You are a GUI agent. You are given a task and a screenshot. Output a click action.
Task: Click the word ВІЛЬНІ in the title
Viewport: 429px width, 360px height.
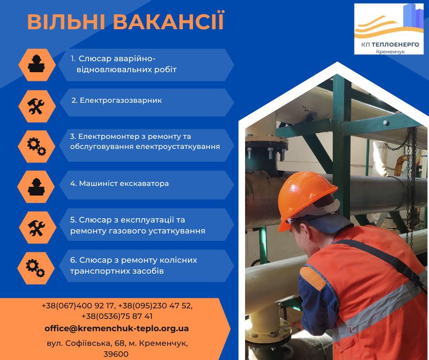click(x=66, y=21)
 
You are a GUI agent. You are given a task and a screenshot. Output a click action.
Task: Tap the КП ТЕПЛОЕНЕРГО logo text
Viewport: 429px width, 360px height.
click(x=390, y=44)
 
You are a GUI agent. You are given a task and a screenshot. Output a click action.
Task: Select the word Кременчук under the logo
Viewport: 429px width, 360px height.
click(x=390, y=52)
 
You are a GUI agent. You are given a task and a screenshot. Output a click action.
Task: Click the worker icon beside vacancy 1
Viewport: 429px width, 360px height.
click(x=37, y=64)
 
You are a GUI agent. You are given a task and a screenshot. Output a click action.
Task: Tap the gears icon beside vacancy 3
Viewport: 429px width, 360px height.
click(x=37, y=147)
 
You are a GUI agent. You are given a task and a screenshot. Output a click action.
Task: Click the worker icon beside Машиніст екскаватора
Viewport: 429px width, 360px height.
click(x=37, y=187)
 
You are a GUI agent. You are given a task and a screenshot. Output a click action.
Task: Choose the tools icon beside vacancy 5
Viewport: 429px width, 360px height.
click(x=37, y=228)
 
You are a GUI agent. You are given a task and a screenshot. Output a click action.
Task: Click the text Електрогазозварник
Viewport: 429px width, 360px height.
click(x=120, y=101)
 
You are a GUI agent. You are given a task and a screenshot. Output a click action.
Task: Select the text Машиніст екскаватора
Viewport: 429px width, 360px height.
click(x=124, y=183)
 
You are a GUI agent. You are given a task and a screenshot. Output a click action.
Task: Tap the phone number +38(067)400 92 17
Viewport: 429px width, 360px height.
click(x=78, y=306)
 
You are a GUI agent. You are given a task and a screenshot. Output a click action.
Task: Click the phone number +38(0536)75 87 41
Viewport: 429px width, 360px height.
click(x=117, y=316)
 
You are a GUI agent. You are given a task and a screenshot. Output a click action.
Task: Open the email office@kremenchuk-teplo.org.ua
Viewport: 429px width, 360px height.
click(x=116, y=328)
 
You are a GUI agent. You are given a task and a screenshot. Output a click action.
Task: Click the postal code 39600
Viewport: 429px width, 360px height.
click(x=116, y=354)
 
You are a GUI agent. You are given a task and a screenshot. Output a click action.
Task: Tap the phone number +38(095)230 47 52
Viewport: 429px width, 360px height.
click(x=155, y=306)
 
